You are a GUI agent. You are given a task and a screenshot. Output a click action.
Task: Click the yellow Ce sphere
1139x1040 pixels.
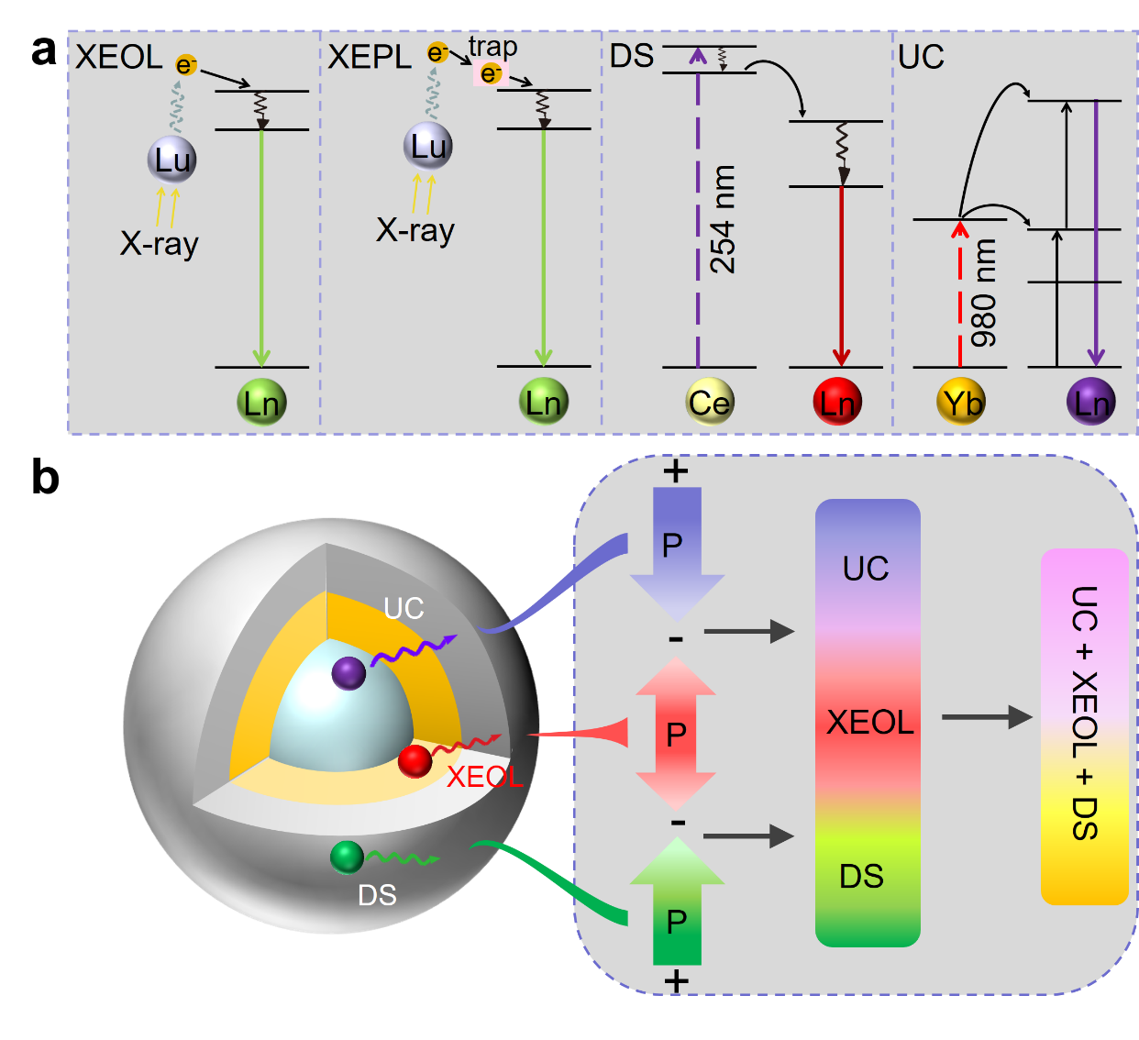[709, 402]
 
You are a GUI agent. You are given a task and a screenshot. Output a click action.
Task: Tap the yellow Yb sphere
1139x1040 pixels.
[961, 402]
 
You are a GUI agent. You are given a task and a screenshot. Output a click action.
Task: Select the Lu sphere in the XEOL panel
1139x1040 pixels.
[172, 160]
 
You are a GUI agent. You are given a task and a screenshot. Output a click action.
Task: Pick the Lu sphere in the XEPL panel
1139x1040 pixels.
[428, 146]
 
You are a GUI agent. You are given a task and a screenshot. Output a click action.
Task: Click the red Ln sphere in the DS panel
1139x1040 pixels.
[836, 402]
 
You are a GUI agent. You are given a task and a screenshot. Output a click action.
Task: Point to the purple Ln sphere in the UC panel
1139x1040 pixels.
[1091, 402]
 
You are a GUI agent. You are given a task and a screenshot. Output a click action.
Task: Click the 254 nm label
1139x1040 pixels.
[724, 220]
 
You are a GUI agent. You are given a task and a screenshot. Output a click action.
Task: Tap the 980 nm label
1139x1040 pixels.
[984, 293]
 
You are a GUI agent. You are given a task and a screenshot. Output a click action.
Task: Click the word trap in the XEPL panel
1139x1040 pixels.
[492, 46]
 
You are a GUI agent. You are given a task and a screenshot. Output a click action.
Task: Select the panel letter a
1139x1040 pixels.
[43, 51]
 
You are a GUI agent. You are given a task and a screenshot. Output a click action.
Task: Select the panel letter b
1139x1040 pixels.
[45, 477]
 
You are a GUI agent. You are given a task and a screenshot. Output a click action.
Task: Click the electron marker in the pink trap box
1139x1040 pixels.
[491, 73]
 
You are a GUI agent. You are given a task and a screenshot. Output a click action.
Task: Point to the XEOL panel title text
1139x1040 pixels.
[118, 57]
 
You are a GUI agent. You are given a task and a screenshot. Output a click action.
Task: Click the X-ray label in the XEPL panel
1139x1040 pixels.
[415, 229]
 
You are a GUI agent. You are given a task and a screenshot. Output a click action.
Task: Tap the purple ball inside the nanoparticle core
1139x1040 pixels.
[348, 673]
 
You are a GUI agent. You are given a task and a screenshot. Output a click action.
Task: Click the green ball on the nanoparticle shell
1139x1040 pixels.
[348, 857]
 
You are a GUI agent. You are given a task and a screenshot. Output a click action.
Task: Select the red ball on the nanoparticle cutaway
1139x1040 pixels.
[415, 760]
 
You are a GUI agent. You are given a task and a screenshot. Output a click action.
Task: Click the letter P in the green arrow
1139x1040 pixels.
[677, 921]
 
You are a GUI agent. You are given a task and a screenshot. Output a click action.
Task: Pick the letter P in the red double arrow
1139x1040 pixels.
[676, 734]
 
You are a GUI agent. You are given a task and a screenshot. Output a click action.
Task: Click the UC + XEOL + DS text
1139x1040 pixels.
[1084, 714]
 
